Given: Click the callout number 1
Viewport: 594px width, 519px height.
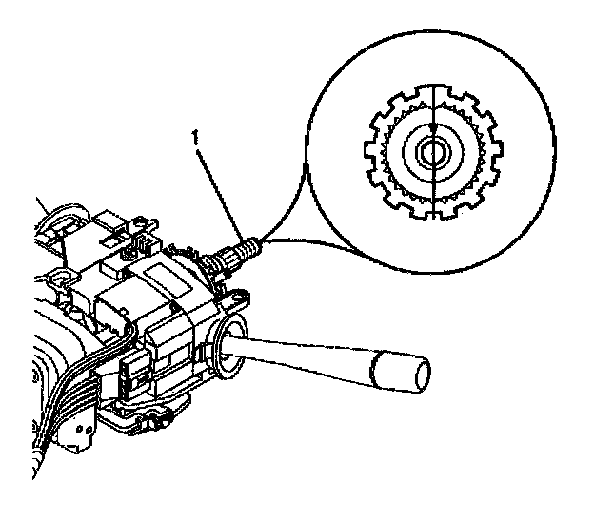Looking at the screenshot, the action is (x=195, y=137).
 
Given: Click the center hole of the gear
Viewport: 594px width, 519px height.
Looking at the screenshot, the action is (x=433, y=151).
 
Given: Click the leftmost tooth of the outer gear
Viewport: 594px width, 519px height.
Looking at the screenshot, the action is (x=368, y=151).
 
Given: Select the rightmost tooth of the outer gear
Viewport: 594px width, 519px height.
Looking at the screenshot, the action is (x=498, y=151).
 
